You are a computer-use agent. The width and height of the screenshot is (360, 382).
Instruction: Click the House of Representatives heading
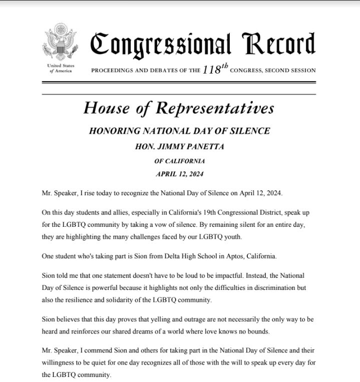coord(179,107)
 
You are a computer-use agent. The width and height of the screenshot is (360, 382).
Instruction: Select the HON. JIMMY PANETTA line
coord(179,147)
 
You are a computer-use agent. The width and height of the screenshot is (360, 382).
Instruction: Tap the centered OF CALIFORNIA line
coord(179,161)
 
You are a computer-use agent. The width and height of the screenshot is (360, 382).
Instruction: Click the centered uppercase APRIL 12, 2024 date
coord(179,174)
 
